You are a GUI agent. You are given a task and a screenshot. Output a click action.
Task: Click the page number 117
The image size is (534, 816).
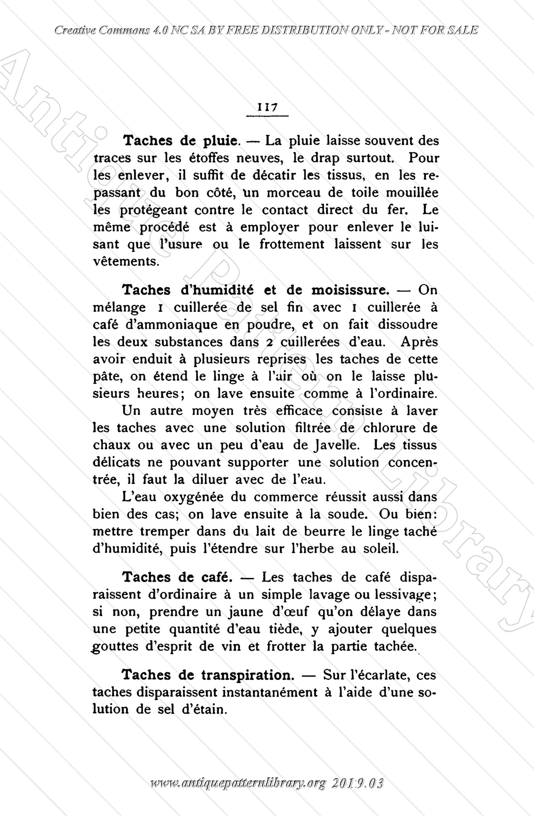click(267, 107)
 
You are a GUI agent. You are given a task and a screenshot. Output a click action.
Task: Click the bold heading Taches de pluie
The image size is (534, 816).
click(180, 141)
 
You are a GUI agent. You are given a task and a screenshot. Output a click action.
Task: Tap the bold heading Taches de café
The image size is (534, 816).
click(177, 577)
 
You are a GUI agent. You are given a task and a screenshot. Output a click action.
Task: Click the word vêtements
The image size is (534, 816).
click(126, 262)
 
